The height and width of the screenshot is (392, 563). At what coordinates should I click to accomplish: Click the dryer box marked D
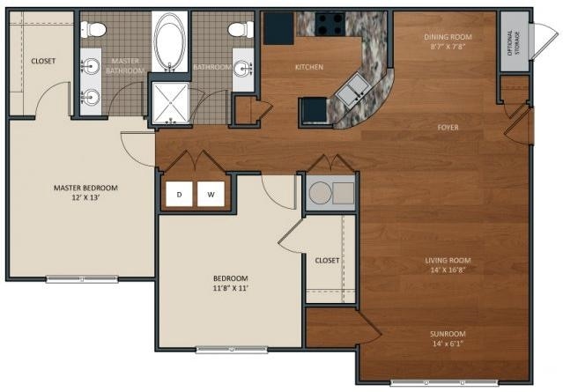click(179, 194)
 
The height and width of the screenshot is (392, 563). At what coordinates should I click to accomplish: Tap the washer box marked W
click(211, 194)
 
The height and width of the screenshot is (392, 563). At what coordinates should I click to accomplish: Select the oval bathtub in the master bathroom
click(169, 41)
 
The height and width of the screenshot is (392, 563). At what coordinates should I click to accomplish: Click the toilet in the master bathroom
click(93, 29)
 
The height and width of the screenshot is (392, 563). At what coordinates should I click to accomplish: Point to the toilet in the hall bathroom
click(241, 29)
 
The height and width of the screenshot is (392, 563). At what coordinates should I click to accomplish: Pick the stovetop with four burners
click(330, 24)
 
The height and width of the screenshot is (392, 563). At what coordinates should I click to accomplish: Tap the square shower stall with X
click(170, 103)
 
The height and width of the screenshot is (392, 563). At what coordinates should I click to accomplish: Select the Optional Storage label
click(514, 42)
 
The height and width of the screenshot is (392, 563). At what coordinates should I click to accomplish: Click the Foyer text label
click(448, 128)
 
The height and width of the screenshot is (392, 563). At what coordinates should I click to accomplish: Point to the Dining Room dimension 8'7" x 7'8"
click(448, 47)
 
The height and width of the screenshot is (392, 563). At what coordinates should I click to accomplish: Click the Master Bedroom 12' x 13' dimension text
click(85, 197)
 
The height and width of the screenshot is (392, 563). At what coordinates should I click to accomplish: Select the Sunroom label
click(448, 334)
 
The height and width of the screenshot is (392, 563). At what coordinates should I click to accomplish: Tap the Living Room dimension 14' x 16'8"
click(448, 270)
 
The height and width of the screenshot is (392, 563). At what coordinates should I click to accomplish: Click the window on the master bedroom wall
click(82, 279)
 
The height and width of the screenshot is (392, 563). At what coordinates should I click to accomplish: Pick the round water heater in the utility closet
click(320, 193)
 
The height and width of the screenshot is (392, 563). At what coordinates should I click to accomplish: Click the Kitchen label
click(309, 67)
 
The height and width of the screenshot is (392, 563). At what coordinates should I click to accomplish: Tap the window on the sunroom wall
click(445, 382)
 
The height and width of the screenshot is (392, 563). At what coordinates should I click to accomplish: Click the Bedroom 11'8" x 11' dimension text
click(231, 288)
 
